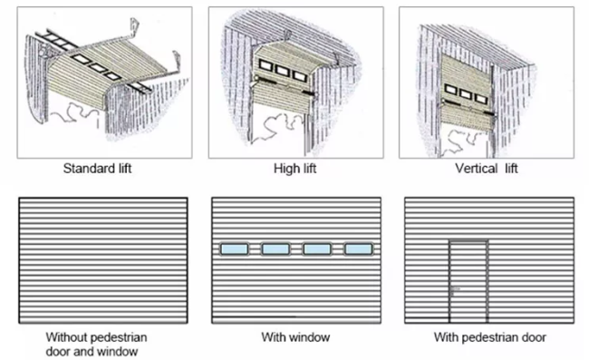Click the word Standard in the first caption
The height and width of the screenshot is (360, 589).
[x=90, y=168]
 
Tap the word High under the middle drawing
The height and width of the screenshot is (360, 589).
[x=285, y=169]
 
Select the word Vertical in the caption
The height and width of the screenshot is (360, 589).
[x=477, y=168]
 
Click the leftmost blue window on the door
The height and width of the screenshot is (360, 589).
[x=235, y=249]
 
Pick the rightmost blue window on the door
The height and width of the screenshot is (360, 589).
[x=358, y=249]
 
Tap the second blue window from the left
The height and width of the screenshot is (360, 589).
[x=275, y=249]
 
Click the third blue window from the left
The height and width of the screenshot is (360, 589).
[x=317, y=249]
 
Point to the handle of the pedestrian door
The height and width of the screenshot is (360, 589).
[x=455, y=289]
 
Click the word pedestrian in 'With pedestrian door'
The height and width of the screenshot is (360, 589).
[x=490, y=337]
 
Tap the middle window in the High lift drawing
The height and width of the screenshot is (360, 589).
[x=282, y=70]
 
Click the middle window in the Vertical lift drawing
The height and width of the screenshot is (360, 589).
[x=466, y=94]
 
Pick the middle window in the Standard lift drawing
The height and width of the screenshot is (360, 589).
[x=98, y=68]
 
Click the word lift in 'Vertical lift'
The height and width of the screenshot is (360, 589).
[x=511, y=168]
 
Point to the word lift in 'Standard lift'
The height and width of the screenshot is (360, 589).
[x=125, y=168]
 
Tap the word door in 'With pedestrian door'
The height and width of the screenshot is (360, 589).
[x=534, y=337]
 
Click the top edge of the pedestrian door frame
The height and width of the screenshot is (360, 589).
[x=468, y=240]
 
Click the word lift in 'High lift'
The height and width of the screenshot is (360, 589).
[x=310, y=169]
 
